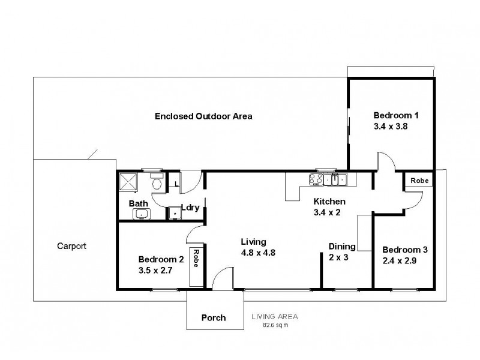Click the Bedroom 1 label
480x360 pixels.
pyautogui.click(x=396, y=115)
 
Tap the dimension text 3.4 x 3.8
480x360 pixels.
pyautogui.click(x=391, y=127)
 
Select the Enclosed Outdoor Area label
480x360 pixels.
pyautogui.click(x=203, y=116)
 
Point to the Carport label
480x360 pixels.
pyautogui.click(x=72, y=245)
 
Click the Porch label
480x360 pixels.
pyautogui.click(x=214, y=317)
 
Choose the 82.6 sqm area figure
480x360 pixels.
pyautogui.click(x=275, y=325)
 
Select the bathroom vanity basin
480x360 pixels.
pyautogui.click(x=142, y=214)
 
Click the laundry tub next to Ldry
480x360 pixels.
pyautogui.click(x=175, y=212)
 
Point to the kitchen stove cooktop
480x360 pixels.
pyautogui.click(x=317, y=178)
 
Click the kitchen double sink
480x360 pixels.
pyautogui.click(x=338, y=178)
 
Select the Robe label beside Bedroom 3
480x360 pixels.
pyautogui.click(x=418, y=180)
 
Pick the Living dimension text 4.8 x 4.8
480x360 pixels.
pyautogui.click(x=257, y=253)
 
